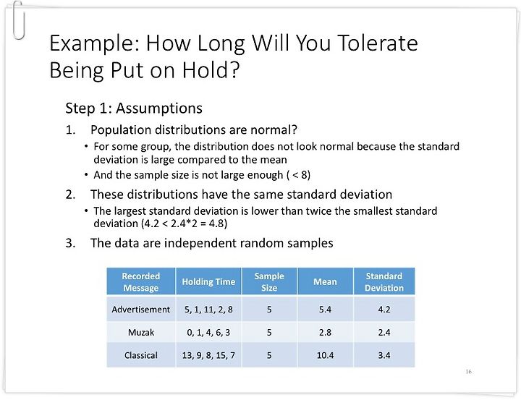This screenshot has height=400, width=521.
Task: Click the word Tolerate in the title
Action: point(378,43)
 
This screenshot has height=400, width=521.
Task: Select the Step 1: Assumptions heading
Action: point(134,108)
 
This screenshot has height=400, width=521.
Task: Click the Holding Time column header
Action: point(208,281)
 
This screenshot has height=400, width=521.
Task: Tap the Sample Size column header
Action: point(269,281)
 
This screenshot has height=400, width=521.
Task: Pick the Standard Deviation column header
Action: point(384,281)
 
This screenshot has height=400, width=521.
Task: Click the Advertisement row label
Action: point(141,310)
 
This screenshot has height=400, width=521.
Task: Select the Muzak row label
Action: point(141,332)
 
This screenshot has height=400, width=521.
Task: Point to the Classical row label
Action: point(141,355)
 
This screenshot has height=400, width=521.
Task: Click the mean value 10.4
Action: point(325,355)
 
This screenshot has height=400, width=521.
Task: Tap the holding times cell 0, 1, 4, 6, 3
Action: point(208,332)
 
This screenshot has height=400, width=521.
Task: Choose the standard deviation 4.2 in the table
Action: point(384,310)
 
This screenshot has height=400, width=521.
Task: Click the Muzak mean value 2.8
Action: point(325,332)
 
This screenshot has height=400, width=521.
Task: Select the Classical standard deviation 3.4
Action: point(384,355)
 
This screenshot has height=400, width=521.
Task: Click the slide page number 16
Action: point(468,372)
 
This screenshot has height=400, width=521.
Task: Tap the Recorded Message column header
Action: point(141,281)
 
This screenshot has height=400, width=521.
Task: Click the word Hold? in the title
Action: point(211,70)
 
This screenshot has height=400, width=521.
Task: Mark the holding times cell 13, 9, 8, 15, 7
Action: point(208,355)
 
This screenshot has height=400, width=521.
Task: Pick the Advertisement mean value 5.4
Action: point(325,310)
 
